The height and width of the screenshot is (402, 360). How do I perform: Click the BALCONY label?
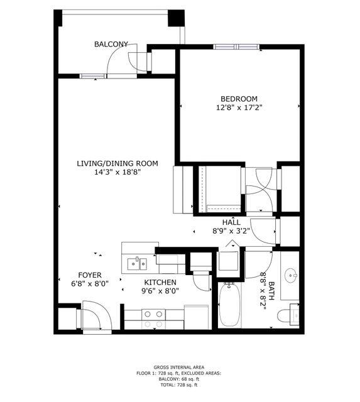pyautogui.click(x=111, y=44)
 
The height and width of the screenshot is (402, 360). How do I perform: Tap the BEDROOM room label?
pyautogui.click(x=239, y=99)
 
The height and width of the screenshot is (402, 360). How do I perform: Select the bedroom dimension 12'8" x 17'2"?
pyautogui.click(x=239, y=107)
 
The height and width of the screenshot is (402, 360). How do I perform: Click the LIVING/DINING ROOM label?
pyautogui.click(x=117, y=163)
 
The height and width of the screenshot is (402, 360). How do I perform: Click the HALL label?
pyautogui.click(x=231, y=222)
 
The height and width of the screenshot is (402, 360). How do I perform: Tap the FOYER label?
pyautogui.click(x=90, y=275)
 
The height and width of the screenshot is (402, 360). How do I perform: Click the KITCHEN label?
pyautogui.click(x=160, y=283)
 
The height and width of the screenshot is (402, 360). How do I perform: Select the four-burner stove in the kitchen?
pyautogui.click(x=153, y=318)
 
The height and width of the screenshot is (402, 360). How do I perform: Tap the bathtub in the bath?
pyautogui.click(x=230, y=306)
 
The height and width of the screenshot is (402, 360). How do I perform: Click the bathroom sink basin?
pyautogui.click(x=290, y=275)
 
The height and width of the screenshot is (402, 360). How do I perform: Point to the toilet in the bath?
pyautogui.click(x=290, y=315)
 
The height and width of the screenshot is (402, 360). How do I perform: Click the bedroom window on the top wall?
pyautogui.click(x=236, y=46)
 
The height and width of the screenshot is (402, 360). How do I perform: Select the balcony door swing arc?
pyautogui.click(x=117, y=61)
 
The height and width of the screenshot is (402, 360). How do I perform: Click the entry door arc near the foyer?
pyautogui.click(x=95, y=315)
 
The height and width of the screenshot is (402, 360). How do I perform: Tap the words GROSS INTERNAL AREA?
pyautogui.click(x=178, y=367)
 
